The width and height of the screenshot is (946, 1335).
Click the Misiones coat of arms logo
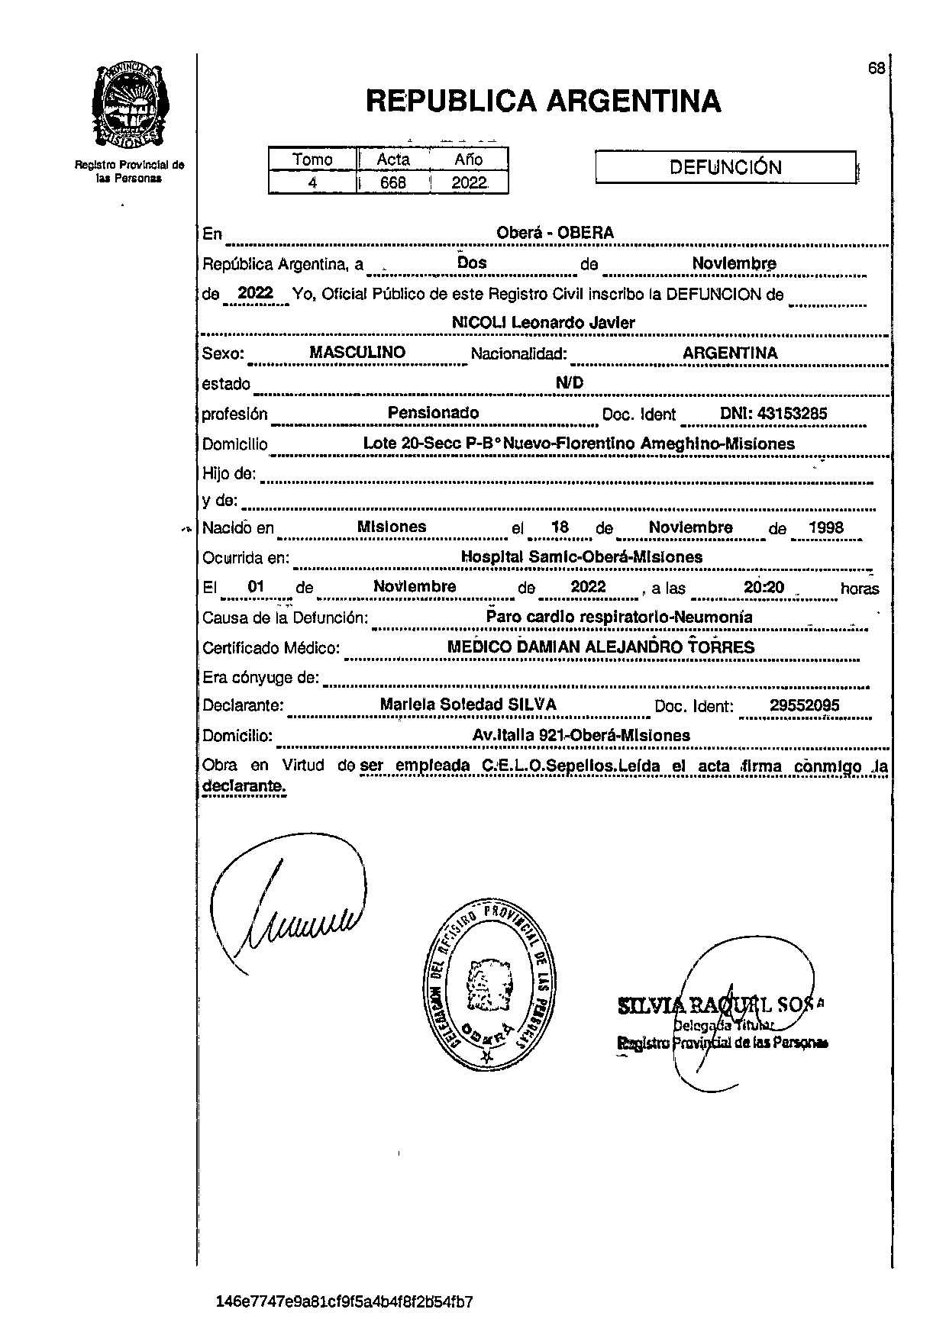(131, 106)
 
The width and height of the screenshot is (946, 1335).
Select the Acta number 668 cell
(393, 183)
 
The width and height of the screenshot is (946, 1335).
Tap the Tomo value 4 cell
(312, 183)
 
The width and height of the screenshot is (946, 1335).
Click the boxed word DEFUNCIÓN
(725, 168)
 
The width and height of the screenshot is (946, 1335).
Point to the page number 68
(876, 69)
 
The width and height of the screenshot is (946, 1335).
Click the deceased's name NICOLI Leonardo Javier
(543, 323)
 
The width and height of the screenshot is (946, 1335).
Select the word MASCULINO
(357, 353)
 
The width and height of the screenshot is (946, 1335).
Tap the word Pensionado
(433, 413)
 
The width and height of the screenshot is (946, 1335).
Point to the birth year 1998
(826, 527)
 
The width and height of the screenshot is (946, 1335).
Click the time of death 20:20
(764, 587)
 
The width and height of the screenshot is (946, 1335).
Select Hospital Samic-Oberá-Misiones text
(582, 557)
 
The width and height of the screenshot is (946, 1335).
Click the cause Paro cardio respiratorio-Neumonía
(618, 617)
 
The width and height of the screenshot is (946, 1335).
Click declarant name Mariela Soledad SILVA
(468, 705)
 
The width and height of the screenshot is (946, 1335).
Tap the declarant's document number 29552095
(804, 705)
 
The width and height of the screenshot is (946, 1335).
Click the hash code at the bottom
(344, 1301)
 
